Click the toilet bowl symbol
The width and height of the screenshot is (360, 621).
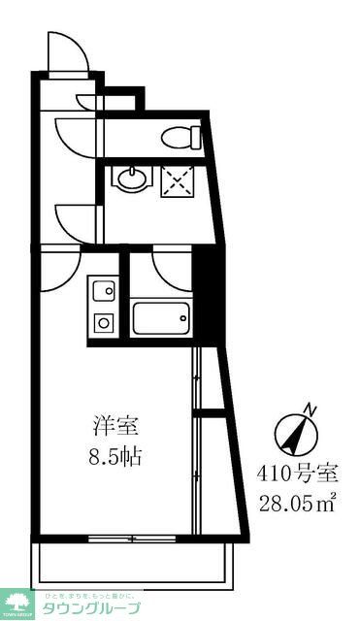tap(180, 137)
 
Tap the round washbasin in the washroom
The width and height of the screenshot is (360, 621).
tap(130, 178)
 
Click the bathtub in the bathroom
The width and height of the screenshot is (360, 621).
tap(159, 317)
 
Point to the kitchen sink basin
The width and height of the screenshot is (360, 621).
tap(103, 290)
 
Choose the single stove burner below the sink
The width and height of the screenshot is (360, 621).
tap(102, 322)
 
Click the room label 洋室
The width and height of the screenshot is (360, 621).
tap(115, 425)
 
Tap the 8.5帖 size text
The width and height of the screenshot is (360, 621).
tap(115, 455)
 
